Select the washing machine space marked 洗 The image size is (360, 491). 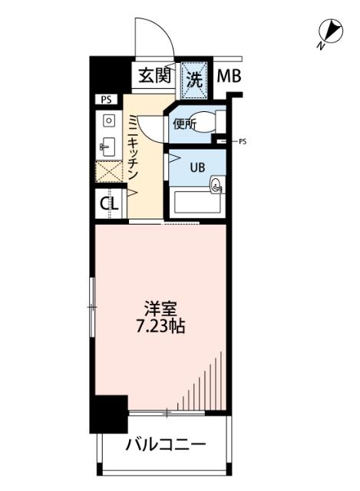[194, 77]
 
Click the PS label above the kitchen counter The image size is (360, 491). [104, 100]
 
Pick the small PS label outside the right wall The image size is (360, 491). [243, 141]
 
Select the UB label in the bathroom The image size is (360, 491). [197, 167]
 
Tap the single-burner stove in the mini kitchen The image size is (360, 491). [108, 120]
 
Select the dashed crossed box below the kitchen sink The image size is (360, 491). [107, 170]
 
